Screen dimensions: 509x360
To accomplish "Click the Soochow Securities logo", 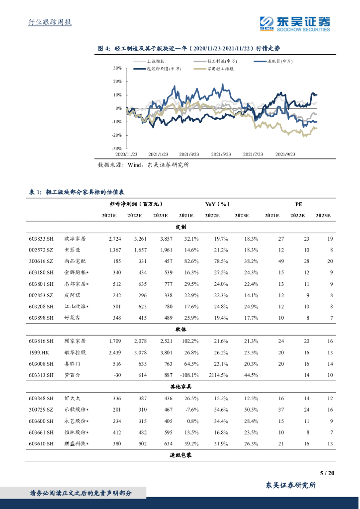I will (x=295, y=23).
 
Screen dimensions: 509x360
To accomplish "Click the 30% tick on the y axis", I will (x=118, y=68).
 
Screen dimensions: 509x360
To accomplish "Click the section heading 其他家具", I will (x=180, y=386).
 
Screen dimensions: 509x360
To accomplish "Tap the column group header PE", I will (x=298, y=204).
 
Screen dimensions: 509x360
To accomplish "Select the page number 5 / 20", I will (x=327, y=473).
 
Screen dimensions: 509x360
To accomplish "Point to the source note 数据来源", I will (x=143, y=165).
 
